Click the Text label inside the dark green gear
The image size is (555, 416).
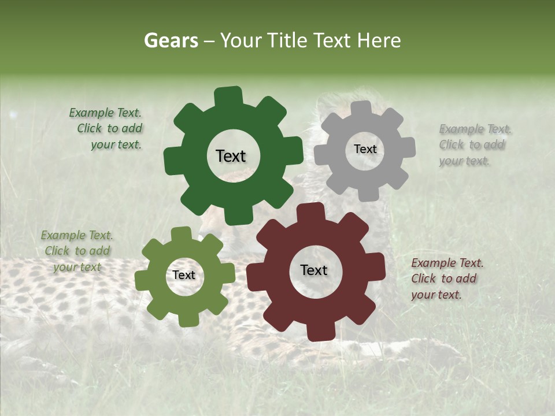coord(231,156)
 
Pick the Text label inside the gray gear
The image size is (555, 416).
coord(365,149)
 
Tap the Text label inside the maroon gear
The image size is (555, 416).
coord(314,270)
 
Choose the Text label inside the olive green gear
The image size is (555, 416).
coord(184,275)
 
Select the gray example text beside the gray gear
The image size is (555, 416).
coord(474,145)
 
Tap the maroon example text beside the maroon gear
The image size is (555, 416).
coord(446,278)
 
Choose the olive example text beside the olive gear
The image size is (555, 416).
coord(77,251)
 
